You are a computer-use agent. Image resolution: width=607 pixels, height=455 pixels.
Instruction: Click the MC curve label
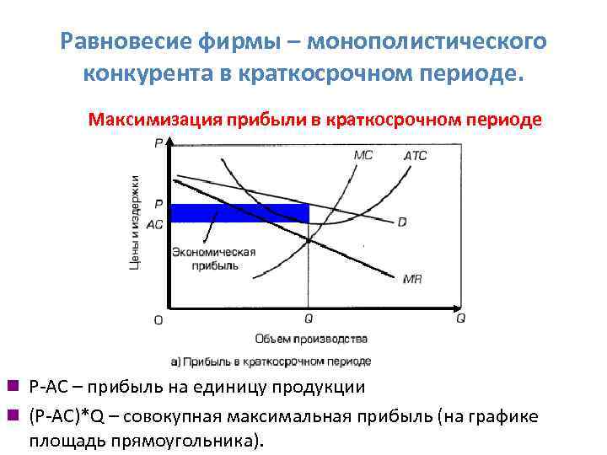click(363, 155)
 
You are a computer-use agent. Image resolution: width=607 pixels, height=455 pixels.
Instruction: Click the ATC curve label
click(416, 155)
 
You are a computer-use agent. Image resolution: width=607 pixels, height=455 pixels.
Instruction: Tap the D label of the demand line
click(402, 222)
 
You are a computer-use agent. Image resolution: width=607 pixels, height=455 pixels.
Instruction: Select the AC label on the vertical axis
click(155, 225)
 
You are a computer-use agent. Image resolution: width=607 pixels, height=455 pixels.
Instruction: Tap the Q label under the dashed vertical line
click(309, 319)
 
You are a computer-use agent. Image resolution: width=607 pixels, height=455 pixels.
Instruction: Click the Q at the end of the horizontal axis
click(460, 318)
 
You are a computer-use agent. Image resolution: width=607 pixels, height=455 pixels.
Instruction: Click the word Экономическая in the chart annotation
click(213, 252)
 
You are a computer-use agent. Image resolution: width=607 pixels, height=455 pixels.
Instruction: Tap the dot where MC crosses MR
click(309, 240)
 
